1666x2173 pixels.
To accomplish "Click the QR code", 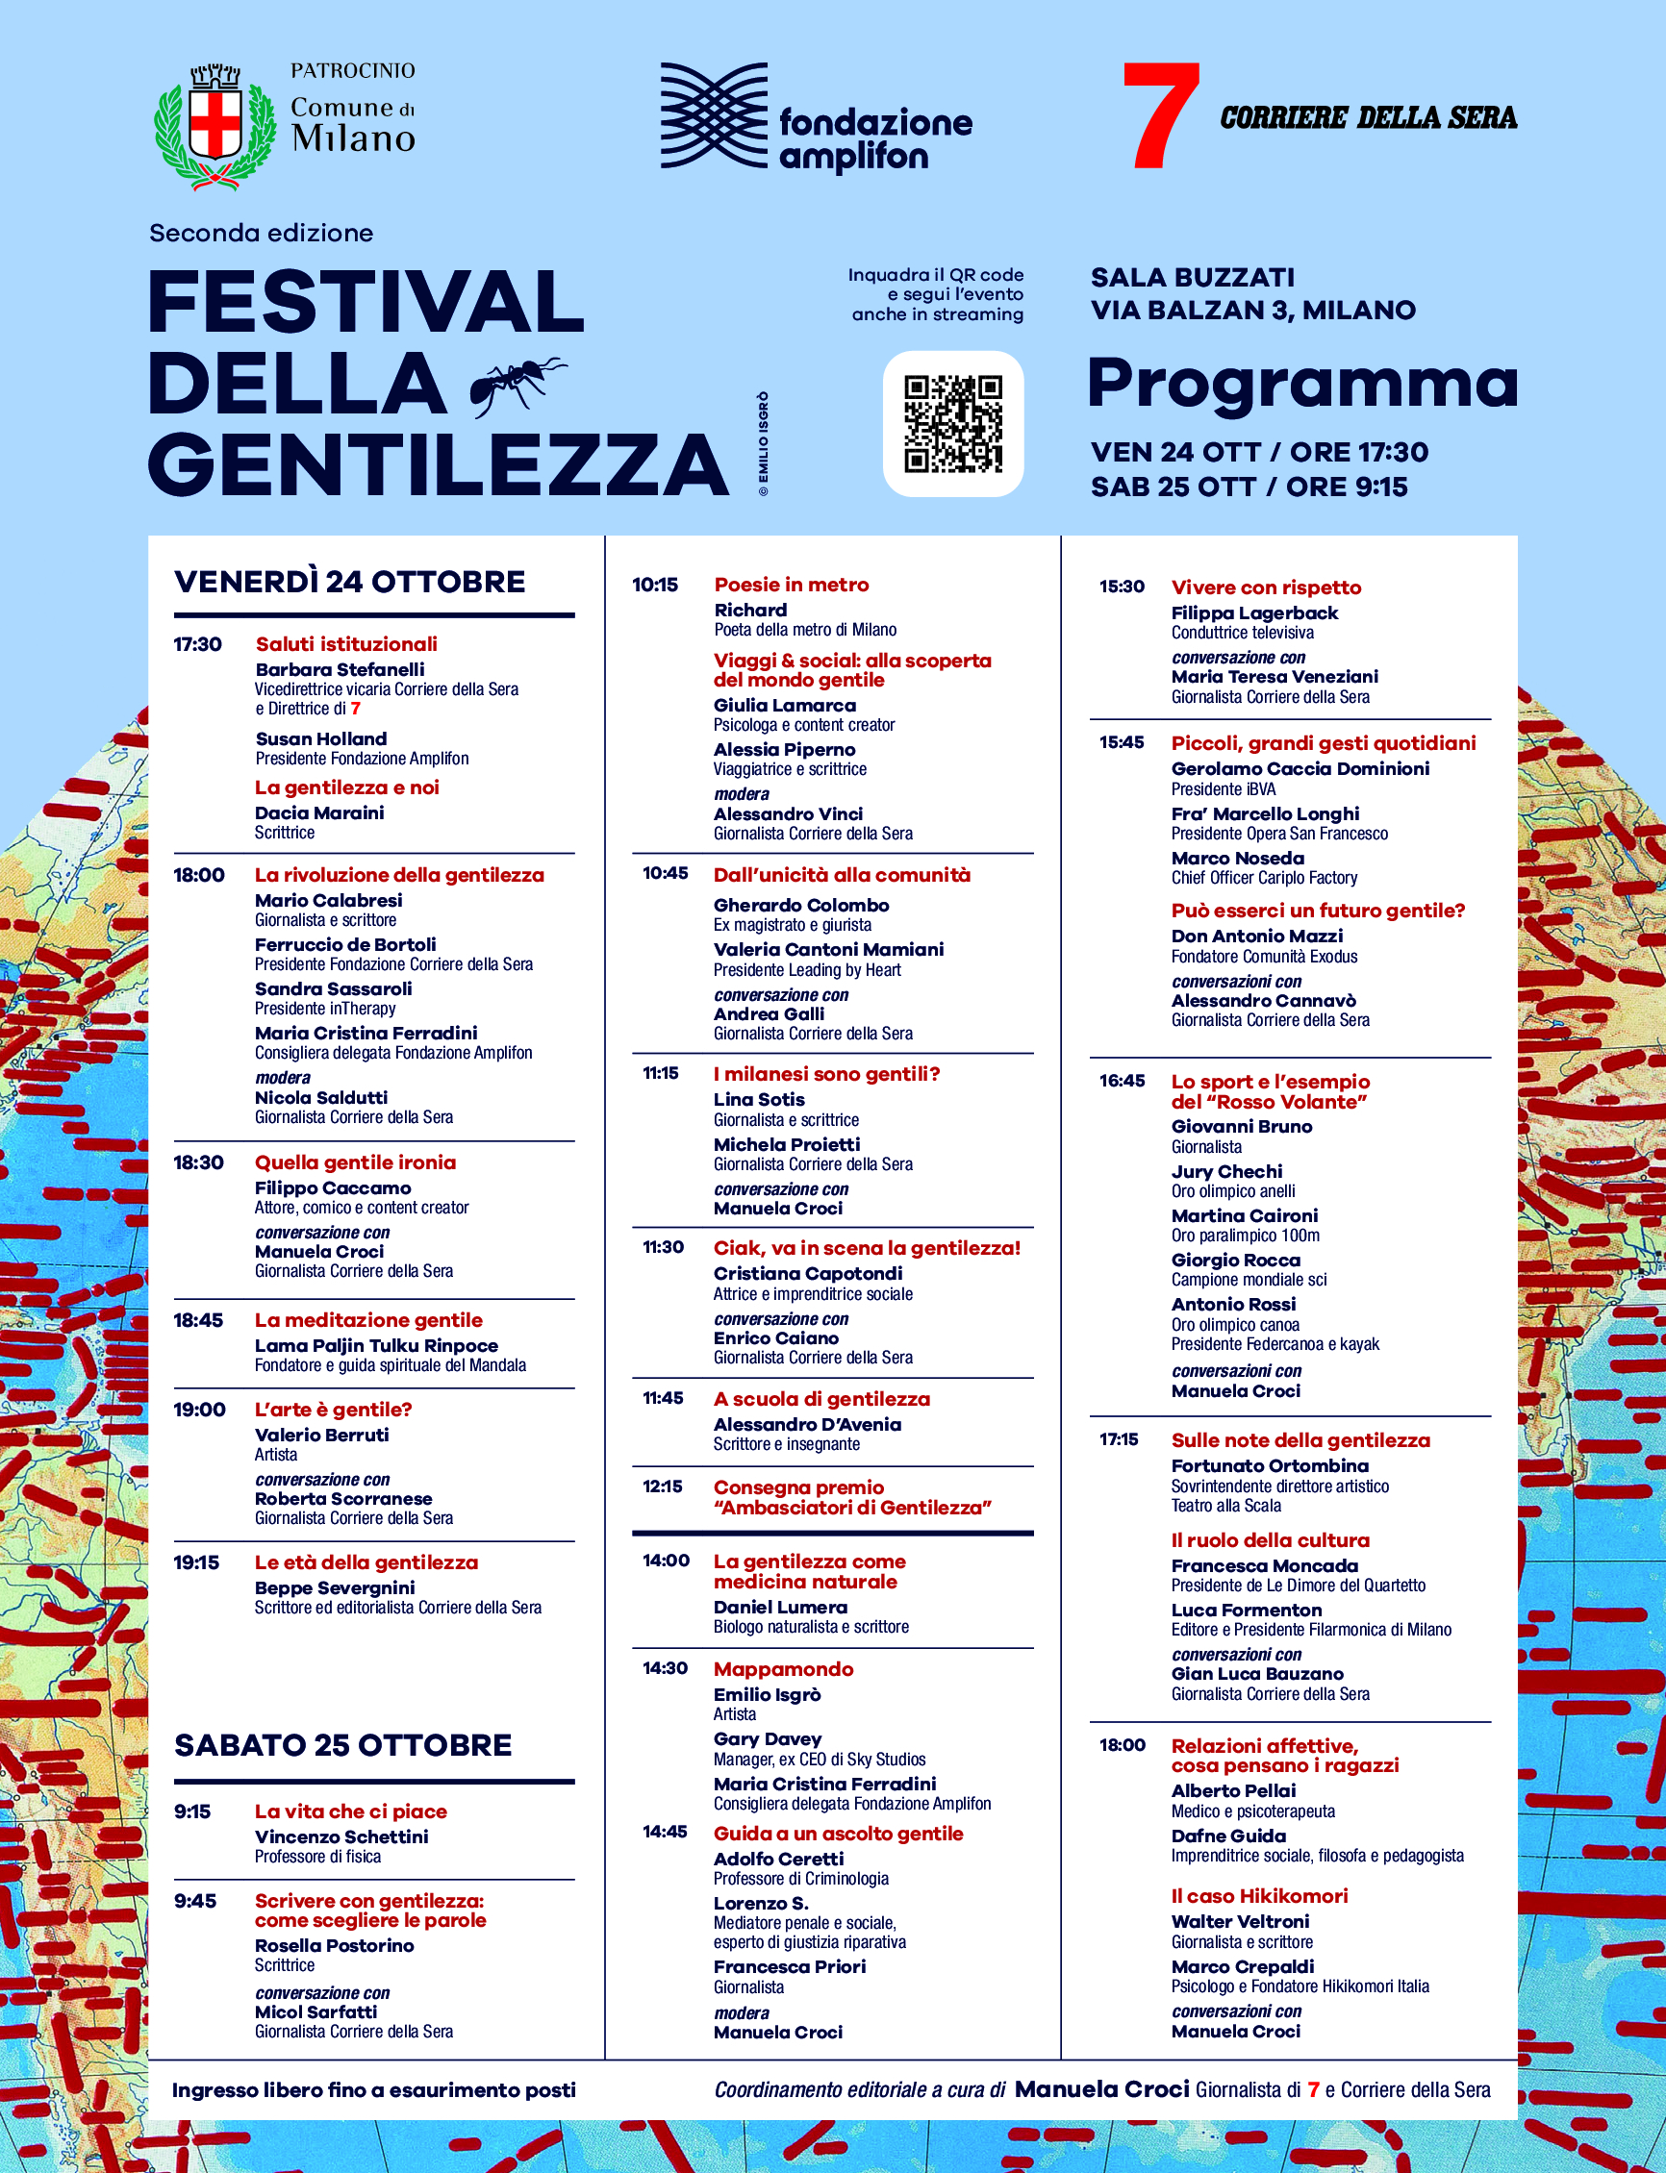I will (x=953, y=423).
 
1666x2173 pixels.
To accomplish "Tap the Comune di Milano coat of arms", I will (x=215, y=126).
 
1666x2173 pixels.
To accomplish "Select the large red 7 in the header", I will (x=1160, y=116).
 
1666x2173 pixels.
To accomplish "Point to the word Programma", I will (x=1302, y=385).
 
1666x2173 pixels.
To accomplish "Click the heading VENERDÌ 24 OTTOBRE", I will (x=350, y=582).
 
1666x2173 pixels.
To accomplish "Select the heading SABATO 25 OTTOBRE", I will (x=343, y=1745).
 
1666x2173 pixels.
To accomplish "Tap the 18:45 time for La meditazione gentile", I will (x=198, y=1320).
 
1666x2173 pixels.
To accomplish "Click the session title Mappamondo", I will (x=783, y=1669).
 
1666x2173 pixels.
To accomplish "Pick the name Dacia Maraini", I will (x=319, y=812).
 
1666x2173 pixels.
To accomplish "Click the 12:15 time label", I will (x=663, y=1487).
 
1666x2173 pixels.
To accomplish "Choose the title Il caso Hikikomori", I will (x=1259, y=1896).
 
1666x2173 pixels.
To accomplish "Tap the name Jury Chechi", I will (x=1226, y=1172).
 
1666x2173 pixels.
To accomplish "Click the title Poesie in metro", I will (x=792, y=585).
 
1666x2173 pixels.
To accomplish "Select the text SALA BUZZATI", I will (x=1193, y=278).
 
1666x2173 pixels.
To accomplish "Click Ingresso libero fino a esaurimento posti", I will (x=374, y=2089).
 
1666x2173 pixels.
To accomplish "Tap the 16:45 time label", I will (x=1122, y=1082).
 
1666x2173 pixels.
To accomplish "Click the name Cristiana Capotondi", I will (x=808, y=1274).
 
